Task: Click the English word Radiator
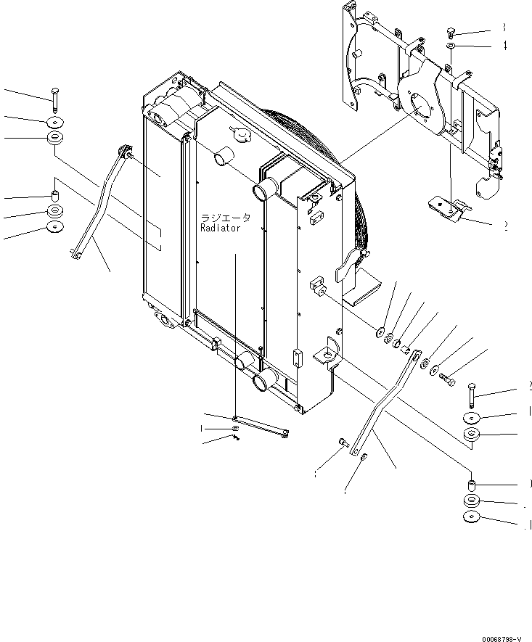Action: [220, 228]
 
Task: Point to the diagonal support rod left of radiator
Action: [101, 203]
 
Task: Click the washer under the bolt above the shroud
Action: [451, 46]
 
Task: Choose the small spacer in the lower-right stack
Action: [471, 483]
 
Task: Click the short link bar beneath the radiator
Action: [261, 426]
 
